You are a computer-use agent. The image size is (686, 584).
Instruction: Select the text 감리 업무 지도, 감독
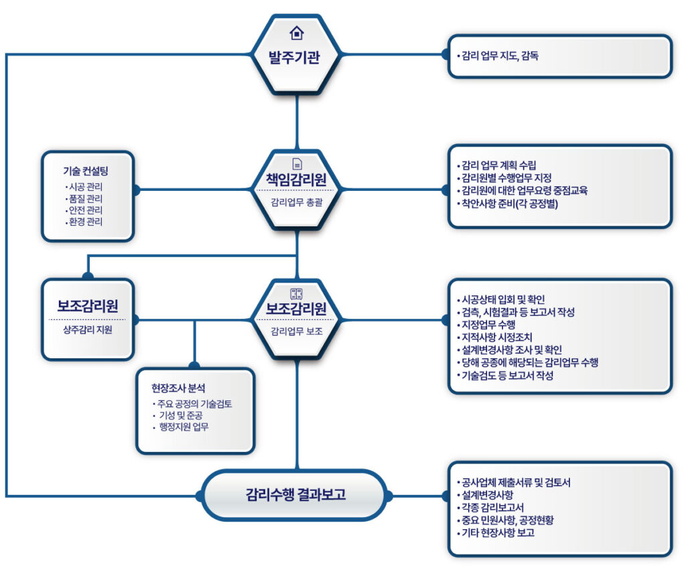point(500,56)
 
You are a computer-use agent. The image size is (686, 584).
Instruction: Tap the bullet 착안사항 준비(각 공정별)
point(509,203)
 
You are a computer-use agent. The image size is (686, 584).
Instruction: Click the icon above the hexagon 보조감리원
point(296,293)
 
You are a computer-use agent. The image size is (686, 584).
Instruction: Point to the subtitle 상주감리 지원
point(88,330)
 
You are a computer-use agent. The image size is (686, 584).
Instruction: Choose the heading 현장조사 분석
point(178,388)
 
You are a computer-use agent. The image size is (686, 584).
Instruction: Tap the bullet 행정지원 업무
point(184,427)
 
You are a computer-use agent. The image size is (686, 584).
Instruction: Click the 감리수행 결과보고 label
point(295,496)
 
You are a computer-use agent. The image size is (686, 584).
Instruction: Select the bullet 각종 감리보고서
point(492,508)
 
